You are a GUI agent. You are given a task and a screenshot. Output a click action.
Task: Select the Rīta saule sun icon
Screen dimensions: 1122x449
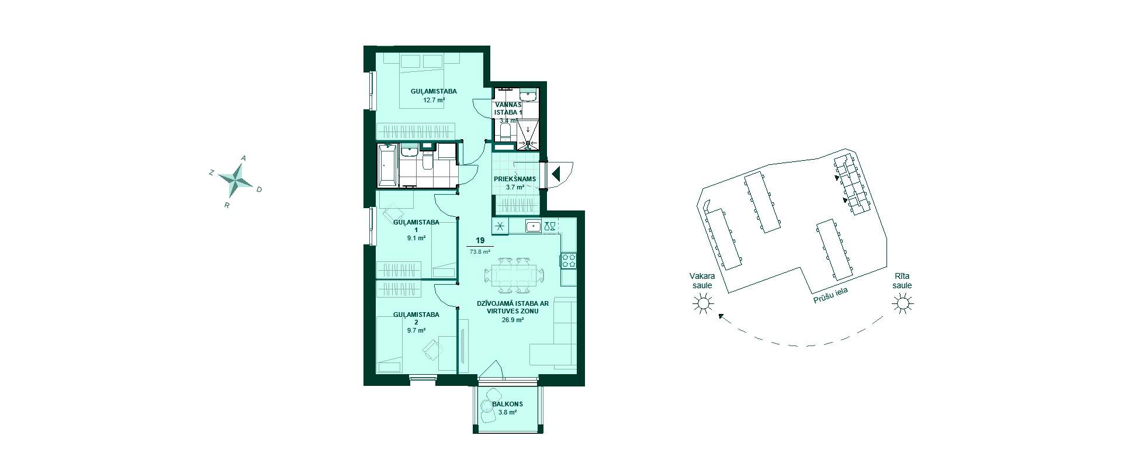click(902, 303)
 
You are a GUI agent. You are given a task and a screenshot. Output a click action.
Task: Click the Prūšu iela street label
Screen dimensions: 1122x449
click(831, 295)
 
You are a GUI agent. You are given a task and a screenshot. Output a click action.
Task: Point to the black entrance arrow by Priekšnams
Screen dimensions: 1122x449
click(556, 174)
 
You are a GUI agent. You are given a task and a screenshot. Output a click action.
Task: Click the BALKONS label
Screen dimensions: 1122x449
click(507, 404)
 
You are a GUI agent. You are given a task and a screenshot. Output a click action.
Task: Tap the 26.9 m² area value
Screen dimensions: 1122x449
click(512, 320)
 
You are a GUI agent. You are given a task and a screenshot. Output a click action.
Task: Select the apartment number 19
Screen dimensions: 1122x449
click(480, 241)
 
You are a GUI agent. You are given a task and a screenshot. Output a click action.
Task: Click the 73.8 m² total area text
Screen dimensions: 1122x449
click(480, 252)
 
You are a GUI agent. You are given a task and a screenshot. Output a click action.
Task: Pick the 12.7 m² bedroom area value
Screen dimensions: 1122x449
click(434, 100)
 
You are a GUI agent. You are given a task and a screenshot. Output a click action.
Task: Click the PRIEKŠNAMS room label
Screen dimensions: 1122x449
click(515, 179)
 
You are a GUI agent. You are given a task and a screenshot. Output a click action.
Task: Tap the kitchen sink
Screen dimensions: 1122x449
click(533, 227)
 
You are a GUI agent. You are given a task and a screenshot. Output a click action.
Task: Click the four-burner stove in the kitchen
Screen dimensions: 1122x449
click(569, 261)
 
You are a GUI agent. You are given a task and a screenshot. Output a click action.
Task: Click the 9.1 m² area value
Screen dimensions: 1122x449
click(416, 238)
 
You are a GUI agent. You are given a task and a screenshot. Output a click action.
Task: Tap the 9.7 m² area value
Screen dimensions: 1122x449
click(416, 330)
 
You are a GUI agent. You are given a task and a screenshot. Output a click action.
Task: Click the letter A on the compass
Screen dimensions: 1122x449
click(244, 158)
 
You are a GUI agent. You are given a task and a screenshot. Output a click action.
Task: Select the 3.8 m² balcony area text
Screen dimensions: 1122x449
click(507, 412)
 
